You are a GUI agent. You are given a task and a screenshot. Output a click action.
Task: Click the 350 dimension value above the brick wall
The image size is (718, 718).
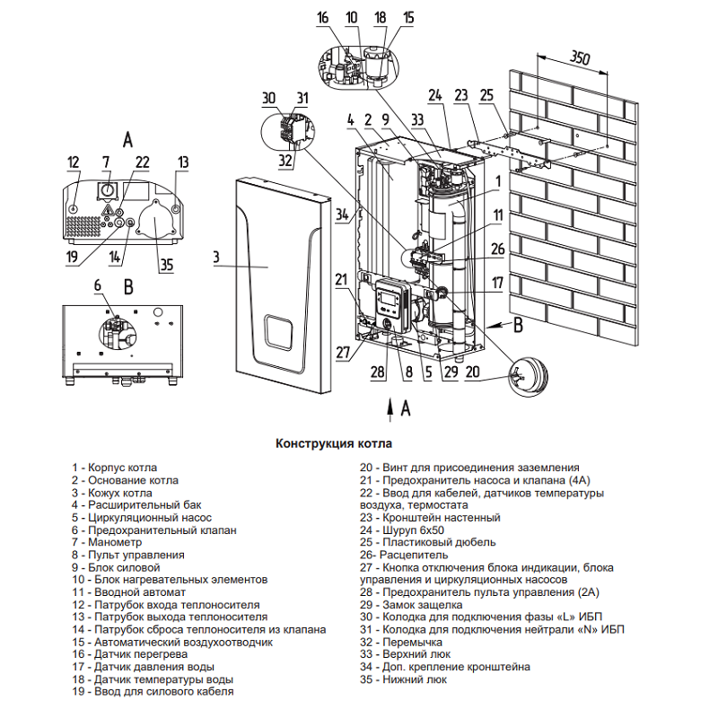coord(580,57)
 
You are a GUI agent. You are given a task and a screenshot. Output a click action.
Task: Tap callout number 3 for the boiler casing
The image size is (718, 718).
coord(216,258)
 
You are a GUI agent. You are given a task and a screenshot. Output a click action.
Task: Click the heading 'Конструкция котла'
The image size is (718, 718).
coord(334,443)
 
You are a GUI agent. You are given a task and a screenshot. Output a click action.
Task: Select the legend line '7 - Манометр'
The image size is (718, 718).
coord(107,542)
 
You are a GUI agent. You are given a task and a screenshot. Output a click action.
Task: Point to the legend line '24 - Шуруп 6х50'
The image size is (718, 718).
coord(402,530)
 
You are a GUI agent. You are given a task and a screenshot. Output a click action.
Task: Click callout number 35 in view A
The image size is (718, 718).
coord(167,265)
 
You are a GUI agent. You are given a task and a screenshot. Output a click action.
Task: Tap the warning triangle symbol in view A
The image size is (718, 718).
coord(108,210)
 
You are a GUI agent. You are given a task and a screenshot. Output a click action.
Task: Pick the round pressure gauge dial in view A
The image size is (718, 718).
coord(109,190)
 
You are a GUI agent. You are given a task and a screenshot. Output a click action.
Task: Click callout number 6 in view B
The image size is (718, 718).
coord(98,285)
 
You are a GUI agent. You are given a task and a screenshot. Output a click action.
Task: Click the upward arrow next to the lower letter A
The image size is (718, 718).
coord(390,409)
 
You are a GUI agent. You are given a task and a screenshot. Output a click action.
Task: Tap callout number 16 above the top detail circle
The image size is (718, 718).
coord(323,17)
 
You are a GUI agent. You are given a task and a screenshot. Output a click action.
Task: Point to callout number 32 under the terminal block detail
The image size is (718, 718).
coord(285,161)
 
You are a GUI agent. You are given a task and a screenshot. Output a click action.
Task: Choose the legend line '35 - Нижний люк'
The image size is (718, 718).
coord(403,679)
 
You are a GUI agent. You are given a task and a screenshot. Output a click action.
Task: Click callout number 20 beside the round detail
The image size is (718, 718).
coord(472,372)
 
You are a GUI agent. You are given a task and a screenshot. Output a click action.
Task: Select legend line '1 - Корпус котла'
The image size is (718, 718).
coord(114,468)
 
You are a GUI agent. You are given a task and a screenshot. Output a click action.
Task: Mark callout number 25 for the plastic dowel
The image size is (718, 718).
coord(486,95)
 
